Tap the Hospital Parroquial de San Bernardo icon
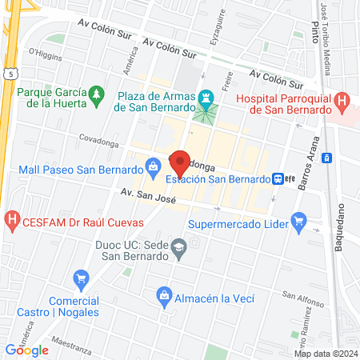click(x=342, y=102)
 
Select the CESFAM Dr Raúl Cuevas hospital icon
click(x=12, y=218)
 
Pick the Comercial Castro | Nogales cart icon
click(x=81, y=279)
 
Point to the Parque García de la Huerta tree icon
click(x=96, y=94)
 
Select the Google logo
click(x=27, y=350)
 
